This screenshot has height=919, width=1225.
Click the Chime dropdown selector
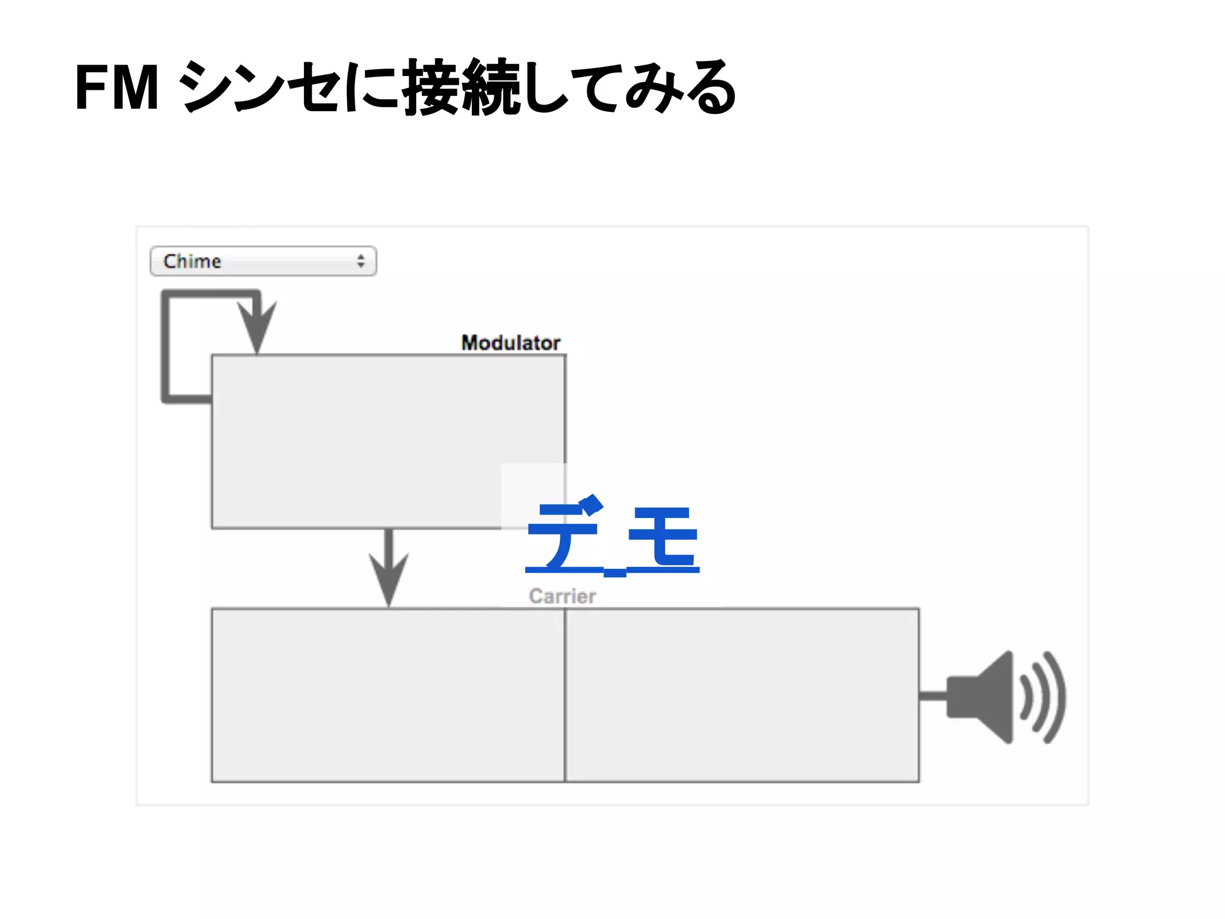(x=263, y=261)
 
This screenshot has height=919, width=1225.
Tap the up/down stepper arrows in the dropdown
(x=361, y=261)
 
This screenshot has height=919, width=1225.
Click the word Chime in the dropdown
(x=192, y=261)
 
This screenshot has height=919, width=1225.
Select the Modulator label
(x=510, y=343)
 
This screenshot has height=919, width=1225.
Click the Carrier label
(x=562, y=596)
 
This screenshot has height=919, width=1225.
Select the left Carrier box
(x=388, y=695)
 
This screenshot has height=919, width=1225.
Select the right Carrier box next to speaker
(x=742, y=695)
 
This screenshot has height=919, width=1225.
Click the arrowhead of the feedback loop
(x=257, y=326)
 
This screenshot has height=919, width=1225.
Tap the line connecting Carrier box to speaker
(x=933, y=696)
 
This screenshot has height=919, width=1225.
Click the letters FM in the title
(x=117, y=88)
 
